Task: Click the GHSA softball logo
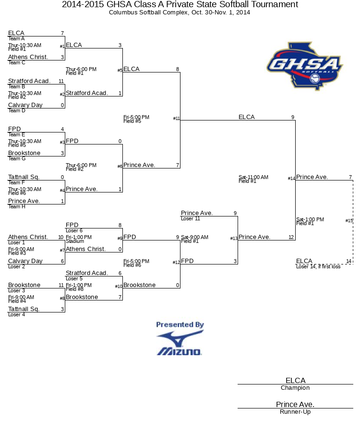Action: point(304,66)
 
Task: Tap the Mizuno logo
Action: point(180,343)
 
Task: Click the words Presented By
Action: point(180,324)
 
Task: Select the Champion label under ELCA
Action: point(295,388)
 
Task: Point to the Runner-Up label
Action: point(295,412)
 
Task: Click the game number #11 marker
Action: point(176,118)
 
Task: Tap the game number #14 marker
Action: point(291,178)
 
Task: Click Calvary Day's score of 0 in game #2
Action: point(62,105)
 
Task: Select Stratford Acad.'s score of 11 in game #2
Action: point(61,81)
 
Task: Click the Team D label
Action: point(16,110)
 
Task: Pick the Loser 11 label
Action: point(191,218)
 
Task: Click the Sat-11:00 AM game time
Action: point(253,177)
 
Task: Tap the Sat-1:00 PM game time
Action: point(310,219)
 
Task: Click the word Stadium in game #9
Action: point(75,241)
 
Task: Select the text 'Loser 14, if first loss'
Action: point(318,266)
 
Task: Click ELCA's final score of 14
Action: point(348,261)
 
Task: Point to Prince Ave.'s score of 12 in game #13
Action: point(291,237)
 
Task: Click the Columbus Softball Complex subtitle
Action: point(180,12)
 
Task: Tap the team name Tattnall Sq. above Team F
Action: point(24,177)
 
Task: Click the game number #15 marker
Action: point(349,220)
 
